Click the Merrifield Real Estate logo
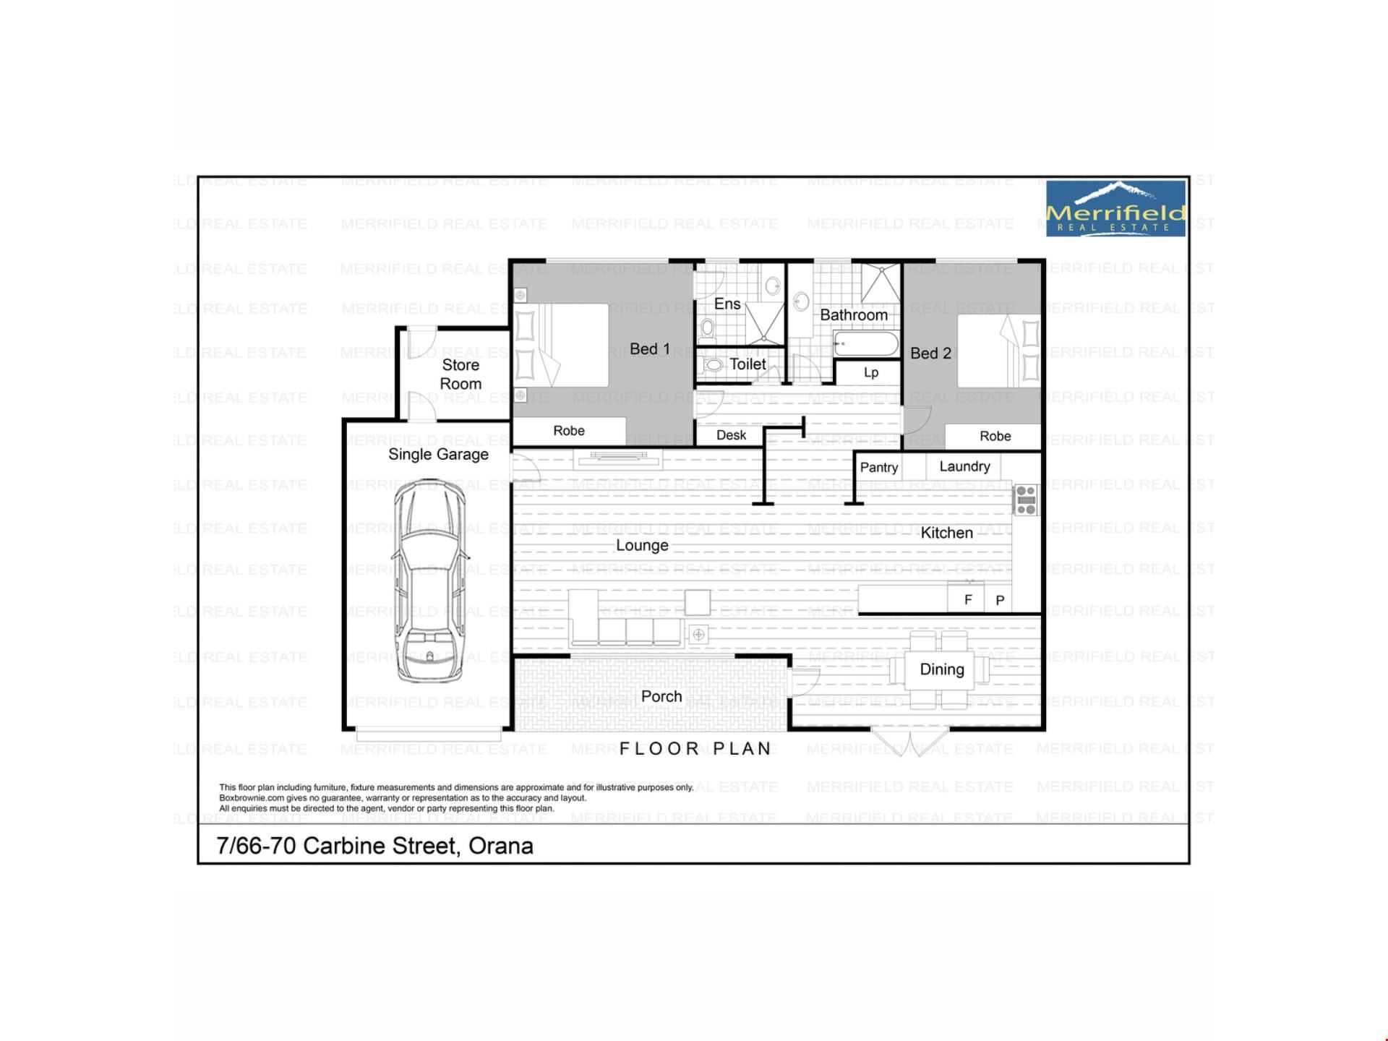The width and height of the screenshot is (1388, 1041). click(x=1116, y=208)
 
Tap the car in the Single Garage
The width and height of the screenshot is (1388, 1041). click(x=430, y=581)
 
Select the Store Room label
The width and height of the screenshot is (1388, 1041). click(x=460, y=374)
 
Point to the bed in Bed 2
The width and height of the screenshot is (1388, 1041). click(x=998, y=351)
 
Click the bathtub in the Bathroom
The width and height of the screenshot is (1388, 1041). click(x=866, y=344)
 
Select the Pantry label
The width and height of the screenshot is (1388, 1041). click(x=879, y=468)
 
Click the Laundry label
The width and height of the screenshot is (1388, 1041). click(x=964, y=467)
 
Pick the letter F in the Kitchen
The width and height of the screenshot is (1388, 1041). click(x=968, y=599)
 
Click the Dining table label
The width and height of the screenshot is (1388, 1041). click(x=942, y=669)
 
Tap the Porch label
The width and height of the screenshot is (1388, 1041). click(x=661, y=696)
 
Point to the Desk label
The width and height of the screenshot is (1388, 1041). click(x=731, y=435)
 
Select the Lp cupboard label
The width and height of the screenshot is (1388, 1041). click(x=871, y=373)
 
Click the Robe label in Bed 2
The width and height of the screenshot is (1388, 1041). click(x=995, y=436)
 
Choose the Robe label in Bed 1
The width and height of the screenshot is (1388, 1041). click(x=569, y=431)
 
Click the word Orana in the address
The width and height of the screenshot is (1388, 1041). click(x=501, y=846)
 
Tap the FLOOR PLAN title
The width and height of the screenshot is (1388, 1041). click(x=696, y=749)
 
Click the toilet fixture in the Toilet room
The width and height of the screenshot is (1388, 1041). click(x=714, y=365)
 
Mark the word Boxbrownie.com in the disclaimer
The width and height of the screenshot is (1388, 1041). click(x=252, y=798)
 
